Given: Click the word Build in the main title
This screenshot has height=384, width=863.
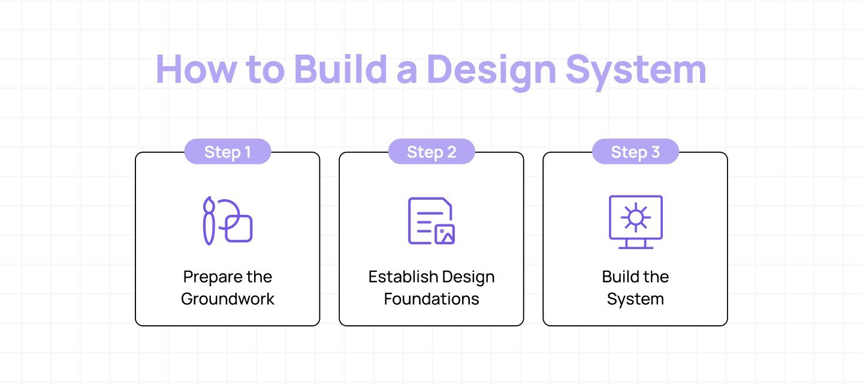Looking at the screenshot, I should [x=340, y=70].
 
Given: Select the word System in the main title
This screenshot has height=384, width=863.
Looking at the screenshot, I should [x=636, y=70].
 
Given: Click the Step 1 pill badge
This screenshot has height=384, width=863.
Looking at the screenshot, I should [x=228, y=152].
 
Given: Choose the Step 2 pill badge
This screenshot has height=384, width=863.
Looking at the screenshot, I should [x=431, y=152].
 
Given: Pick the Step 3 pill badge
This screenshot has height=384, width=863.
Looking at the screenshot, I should [x=635, y=152].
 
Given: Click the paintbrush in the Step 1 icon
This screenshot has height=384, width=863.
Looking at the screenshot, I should [x=209, y=220].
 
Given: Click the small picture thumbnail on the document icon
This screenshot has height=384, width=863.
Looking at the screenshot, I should [x=444, y=234].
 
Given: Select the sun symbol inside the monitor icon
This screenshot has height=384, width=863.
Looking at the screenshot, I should [x=635, y=217].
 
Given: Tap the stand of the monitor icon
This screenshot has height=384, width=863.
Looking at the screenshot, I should [x=635, y=244].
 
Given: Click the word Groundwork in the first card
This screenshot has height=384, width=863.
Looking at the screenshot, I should [x=228, y=299].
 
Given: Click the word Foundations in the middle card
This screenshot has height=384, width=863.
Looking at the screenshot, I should [x=431, y=299].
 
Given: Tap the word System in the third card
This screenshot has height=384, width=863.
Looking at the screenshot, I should [x=635, y=299].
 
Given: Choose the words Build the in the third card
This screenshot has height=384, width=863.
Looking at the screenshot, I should [x=635, y=277].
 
